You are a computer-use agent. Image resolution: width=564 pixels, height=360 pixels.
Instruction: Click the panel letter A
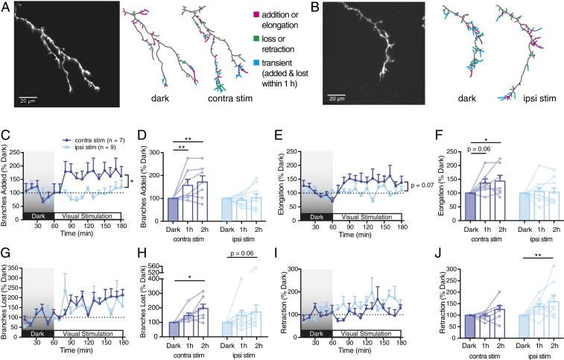pyautogui.click(x=6, y=7)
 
